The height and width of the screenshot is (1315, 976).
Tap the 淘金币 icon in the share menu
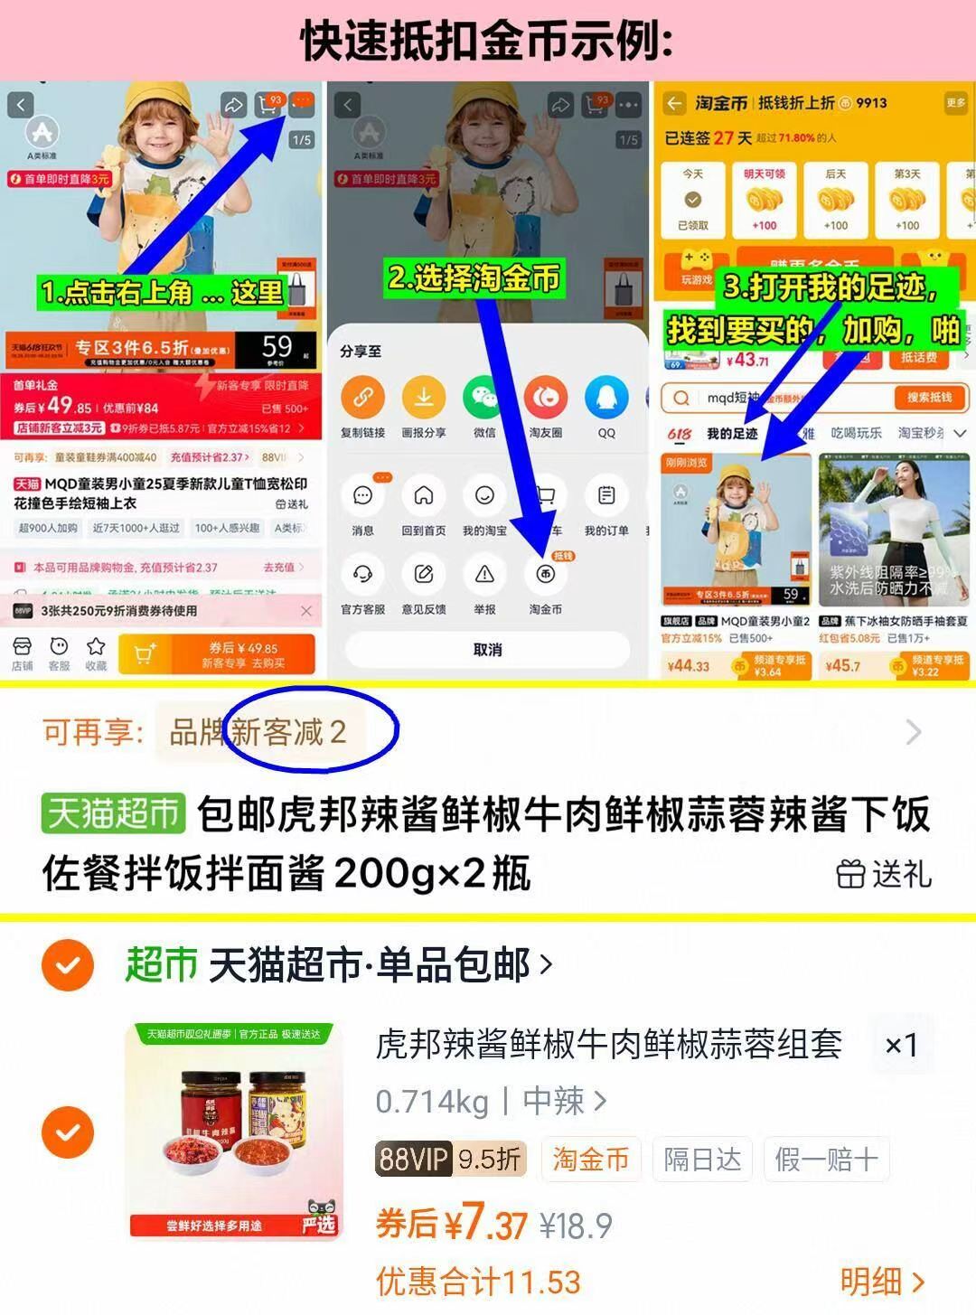[x=545, y=575]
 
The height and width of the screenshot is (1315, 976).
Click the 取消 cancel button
[x=487, y=650]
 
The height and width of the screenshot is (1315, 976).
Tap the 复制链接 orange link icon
[x=362, y=398]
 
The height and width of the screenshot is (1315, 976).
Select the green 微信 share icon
[x=484, y=398]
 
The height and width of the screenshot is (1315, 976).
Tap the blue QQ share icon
[x=605, y=398]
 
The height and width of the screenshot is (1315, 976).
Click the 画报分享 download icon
[x=423, y=398]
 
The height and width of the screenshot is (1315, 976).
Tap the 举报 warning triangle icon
[x=484, y=575]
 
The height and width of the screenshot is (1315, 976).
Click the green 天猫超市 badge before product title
[x=113, y=814]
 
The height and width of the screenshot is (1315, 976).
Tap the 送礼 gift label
[x=883, y=874]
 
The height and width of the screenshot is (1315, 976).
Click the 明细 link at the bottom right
[x=881, y=1281]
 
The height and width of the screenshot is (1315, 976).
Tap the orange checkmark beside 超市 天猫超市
[x=68, y=965]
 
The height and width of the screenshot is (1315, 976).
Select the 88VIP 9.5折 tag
[x=449, y=1159]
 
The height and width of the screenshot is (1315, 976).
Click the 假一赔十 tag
[x=826, y=1159]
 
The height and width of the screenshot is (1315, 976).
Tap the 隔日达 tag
[x=702, y=1159]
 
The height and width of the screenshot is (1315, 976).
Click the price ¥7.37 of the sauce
[x=485, y=1225]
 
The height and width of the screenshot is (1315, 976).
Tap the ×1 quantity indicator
[x=900, y=1046]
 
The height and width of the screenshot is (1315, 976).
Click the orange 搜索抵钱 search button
[x=929, y=398]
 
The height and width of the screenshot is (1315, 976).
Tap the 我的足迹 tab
[x=731, y=434]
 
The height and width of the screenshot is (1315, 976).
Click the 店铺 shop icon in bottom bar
[x=23, y=653]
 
